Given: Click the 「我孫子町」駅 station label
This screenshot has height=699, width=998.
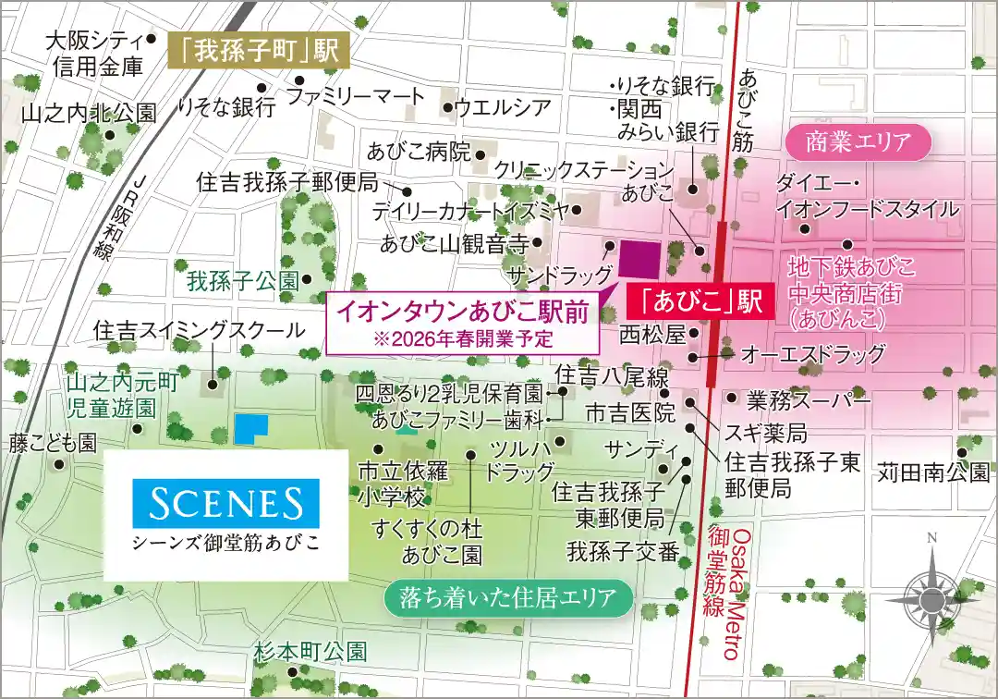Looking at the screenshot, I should click(260, 51).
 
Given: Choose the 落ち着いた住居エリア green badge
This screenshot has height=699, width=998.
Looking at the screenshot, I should click(508, 597).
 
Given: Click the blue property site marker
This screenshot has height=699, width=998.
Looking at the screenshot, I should click(250, 428).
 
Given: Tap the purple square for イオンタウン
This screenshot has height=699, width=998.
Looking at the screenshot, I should click(639, 259).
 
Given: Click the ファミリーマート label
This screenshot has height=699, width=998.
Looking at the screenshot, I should click(356, 95).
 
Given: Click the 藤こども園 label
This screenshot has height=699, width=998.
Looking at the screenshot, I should click(53, 443).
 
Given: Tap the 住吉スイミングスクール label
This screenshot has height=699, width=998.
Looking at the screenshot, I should click(199, 330).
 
